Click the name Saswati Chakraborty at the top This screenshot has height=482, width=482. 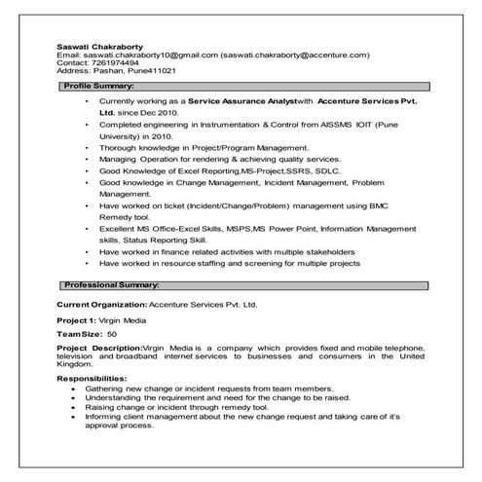click(x=98, y=45)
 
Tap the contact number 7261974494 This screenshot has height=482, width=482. click(x=105, y=63)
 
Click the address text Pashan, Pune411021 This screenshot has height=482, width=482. click(x=131, y=72)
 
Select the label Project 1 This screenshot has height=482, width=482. click(x=77, y=319)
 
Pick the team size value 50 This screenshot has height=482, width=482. click(x=112, y=333)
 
